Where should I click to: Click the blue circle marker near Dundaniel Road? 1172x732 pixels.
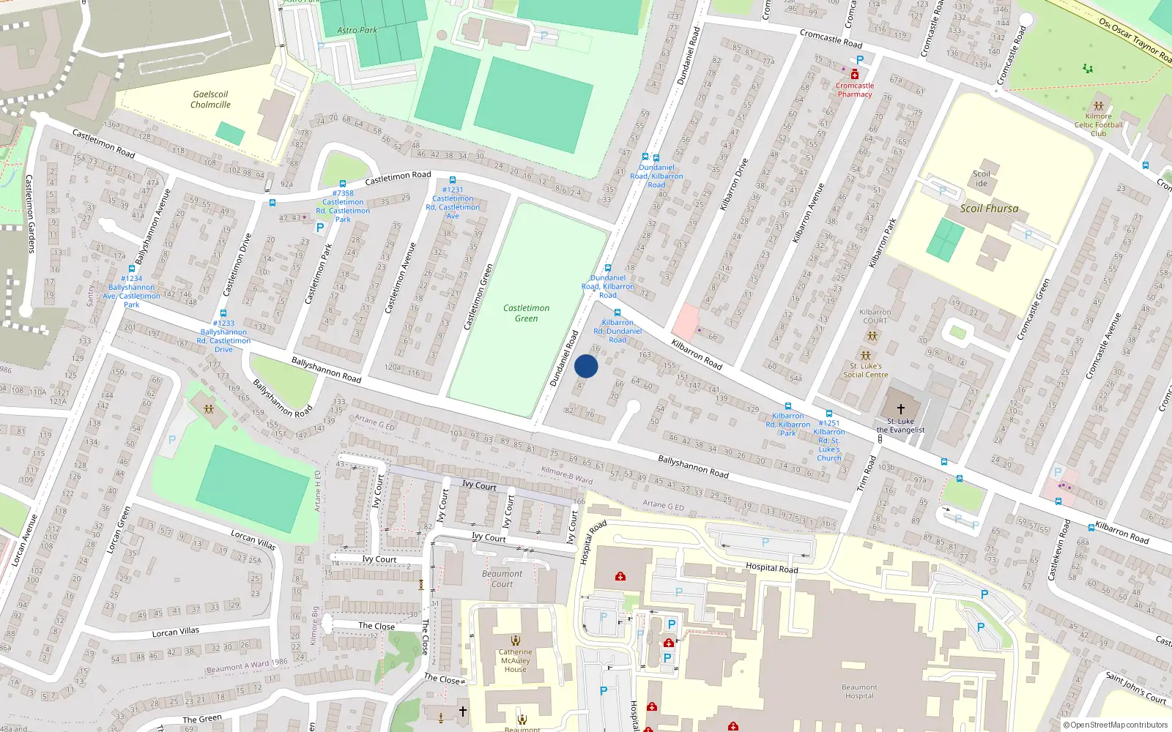point(586,366)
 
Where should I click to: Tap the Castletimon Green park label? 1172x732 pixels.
point(526,313)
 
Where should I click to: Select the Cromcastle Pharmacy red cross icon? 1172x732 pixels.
point(854,75)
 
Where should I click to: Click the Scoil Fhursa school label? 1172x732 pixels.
point(989,209)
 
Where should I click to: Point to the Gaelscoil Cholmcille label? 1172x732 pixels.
point(210,100)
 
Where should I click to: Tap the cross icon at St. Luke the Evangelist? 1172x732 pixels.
point(901,409)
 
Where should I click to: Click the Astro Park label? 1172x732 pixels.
point(357,30)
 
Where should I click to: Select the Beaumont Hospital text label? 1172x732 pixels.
point(858,692)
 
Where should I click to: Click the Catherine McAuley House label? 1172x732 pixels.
point(515,660)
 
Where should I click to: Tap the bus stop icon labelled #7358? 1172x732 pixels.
point(342,184)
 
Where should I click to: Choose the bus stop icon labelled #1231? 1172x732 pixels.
point(452,180)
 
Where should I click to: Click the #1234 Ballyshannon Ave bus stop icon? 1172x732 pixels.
point(132,269)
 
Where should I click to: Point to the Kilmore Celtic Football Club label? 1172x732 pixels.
point(1098,124)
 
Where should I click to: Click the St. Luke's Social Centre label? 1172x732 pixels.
point(865,370)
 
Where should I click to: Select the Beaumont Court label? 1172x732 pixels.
point(502,578)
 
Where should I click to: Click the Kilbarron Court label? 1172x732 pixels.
point(875,316)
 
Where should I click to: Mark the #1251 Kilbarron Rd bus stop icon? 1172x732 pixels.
point(829,414)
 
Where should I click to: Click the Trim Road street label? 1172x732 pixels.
point(867,474)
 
